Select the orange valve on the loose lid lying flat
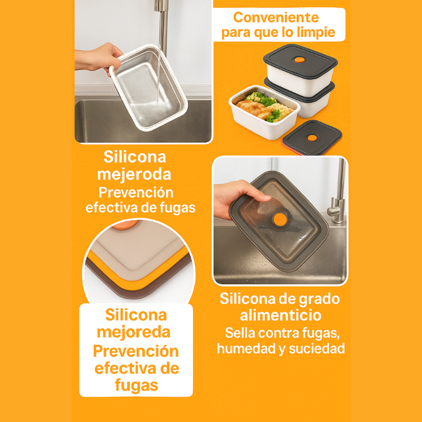coord(312,137)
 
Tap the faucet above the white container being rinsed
coord(164,21)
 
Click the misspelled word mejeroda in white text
coord(135,174)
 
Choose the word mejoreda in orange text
coord(136,332)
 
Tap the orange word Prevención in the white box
coord(136,351)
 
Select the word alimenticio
coord(280,315)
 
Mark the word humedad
coord(245,349)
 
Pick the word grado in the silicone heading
coord(318,299)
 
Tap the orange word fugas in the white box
coord(136,385)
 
